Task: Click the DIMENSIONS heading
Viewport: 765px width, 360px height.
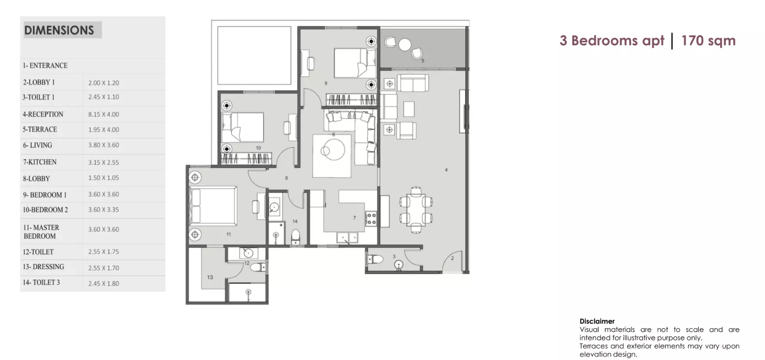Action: (x=59, y=30)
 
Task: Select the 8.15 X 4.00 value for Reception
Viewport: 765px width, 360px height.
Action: (x=104, y=115)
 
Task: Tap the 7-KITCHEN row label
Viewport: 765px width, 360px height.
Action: (x=40, y=162)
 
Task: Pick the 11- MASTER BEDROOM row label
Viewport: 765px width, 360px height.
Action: (x=41, y=232)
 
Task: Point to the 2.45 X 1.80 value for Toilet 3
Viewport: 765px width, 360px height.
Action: (x=104, y=284)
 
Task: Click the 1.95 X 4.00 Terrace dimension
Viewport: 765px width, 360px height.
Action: (x=104, y=130)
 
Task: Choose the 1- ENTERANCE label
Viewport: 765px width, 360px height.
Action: (x=45, y=65)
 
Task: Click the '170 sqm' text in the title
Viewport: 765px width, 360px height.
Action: (x=709, y=40)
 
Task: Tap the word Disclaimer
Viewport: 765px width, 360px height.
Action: (x=597, y=321)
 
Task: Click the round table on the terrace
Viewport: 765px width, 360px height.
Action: (x=405, y=44)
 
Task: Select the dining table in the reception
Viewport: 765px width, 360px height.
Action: (x=416, y=210)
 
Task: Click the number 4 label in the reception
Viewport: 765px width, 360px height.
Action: (x=446, y=170)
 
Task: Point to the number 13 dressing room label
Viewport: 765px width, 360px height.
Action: (x=210, y=277)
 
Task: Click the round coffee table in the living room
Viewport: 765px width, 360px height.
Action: (x=332, y=150)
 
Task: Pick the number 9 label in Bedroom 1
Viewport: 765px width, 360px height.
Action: (x=326, y=83)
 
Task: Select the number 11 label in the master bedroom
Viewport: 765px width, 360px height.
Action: (x=229, y=234)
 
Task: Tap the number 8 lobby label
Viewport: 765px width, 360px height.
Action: (x=286, y=178)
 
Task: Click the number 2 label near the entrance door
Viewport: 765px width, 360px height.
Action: (x=452, y=258)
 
